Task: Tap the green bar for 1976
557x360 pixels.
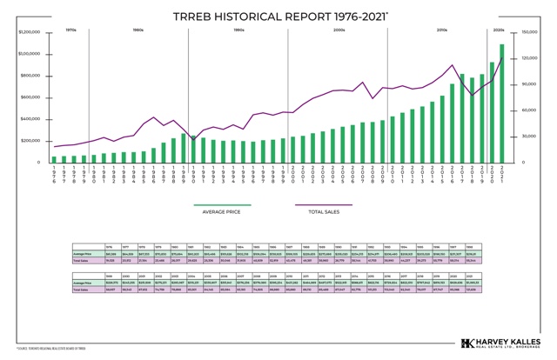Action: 54,159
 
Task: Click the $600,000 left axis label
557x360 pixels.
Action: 30,97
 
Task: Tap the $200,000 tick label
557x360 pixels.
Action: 30,141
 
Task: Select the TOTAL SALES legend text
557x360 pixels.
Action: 323,211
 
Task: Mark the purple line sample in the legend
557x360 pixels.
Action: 323,205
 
